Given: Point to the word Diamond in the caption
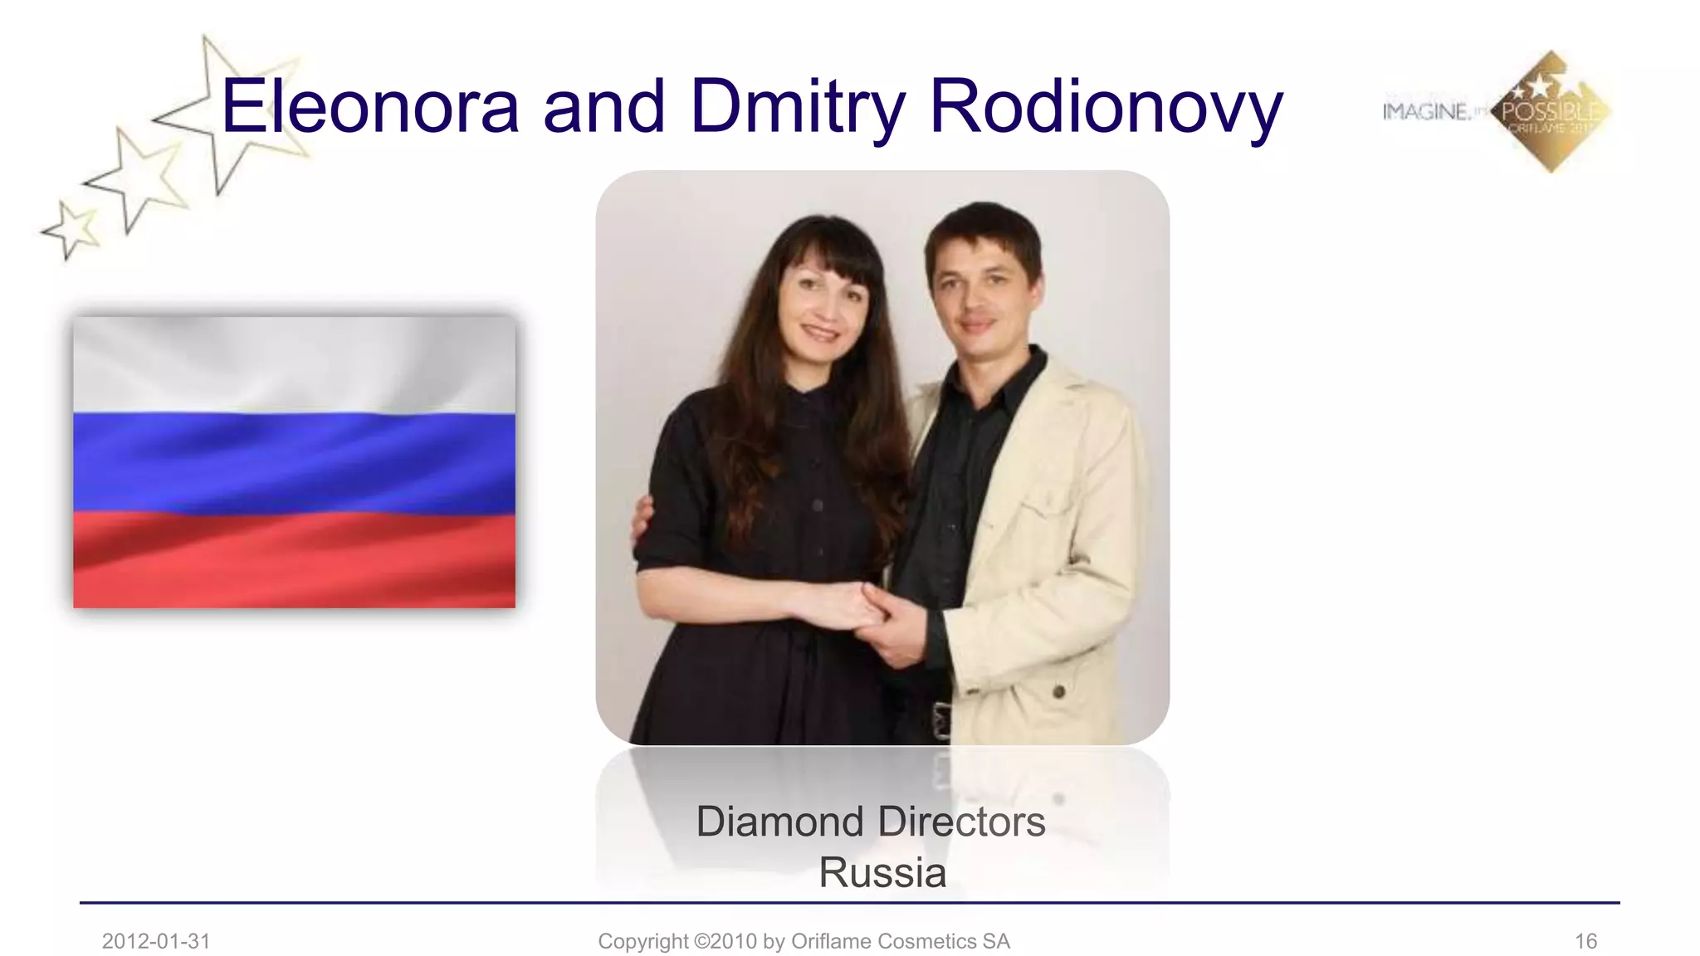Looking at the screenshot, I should pyautogui.click(x=779, y=822).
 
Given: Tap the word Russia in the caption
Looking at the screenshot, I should pyautogui.click(x=882, y=873).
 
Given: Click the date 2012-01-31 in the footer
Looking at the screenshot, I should pyautogui.click(x=156, y=941).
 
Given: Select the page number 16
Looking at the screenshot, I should pyautogui.click(x=1585, y=941).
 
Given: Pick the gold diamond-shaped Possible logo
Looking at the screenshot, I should pyautogui.click(x=1551, y=112).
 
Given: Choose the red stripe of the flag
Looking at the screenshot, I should pyautogui.click(x=294, y=560).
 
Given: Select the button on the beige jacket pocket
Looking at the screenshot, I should pyautogui.click(x=1058, y=690).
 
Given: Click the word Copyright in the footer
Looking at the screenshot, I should pyautogui.click(x=642, y=941).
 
